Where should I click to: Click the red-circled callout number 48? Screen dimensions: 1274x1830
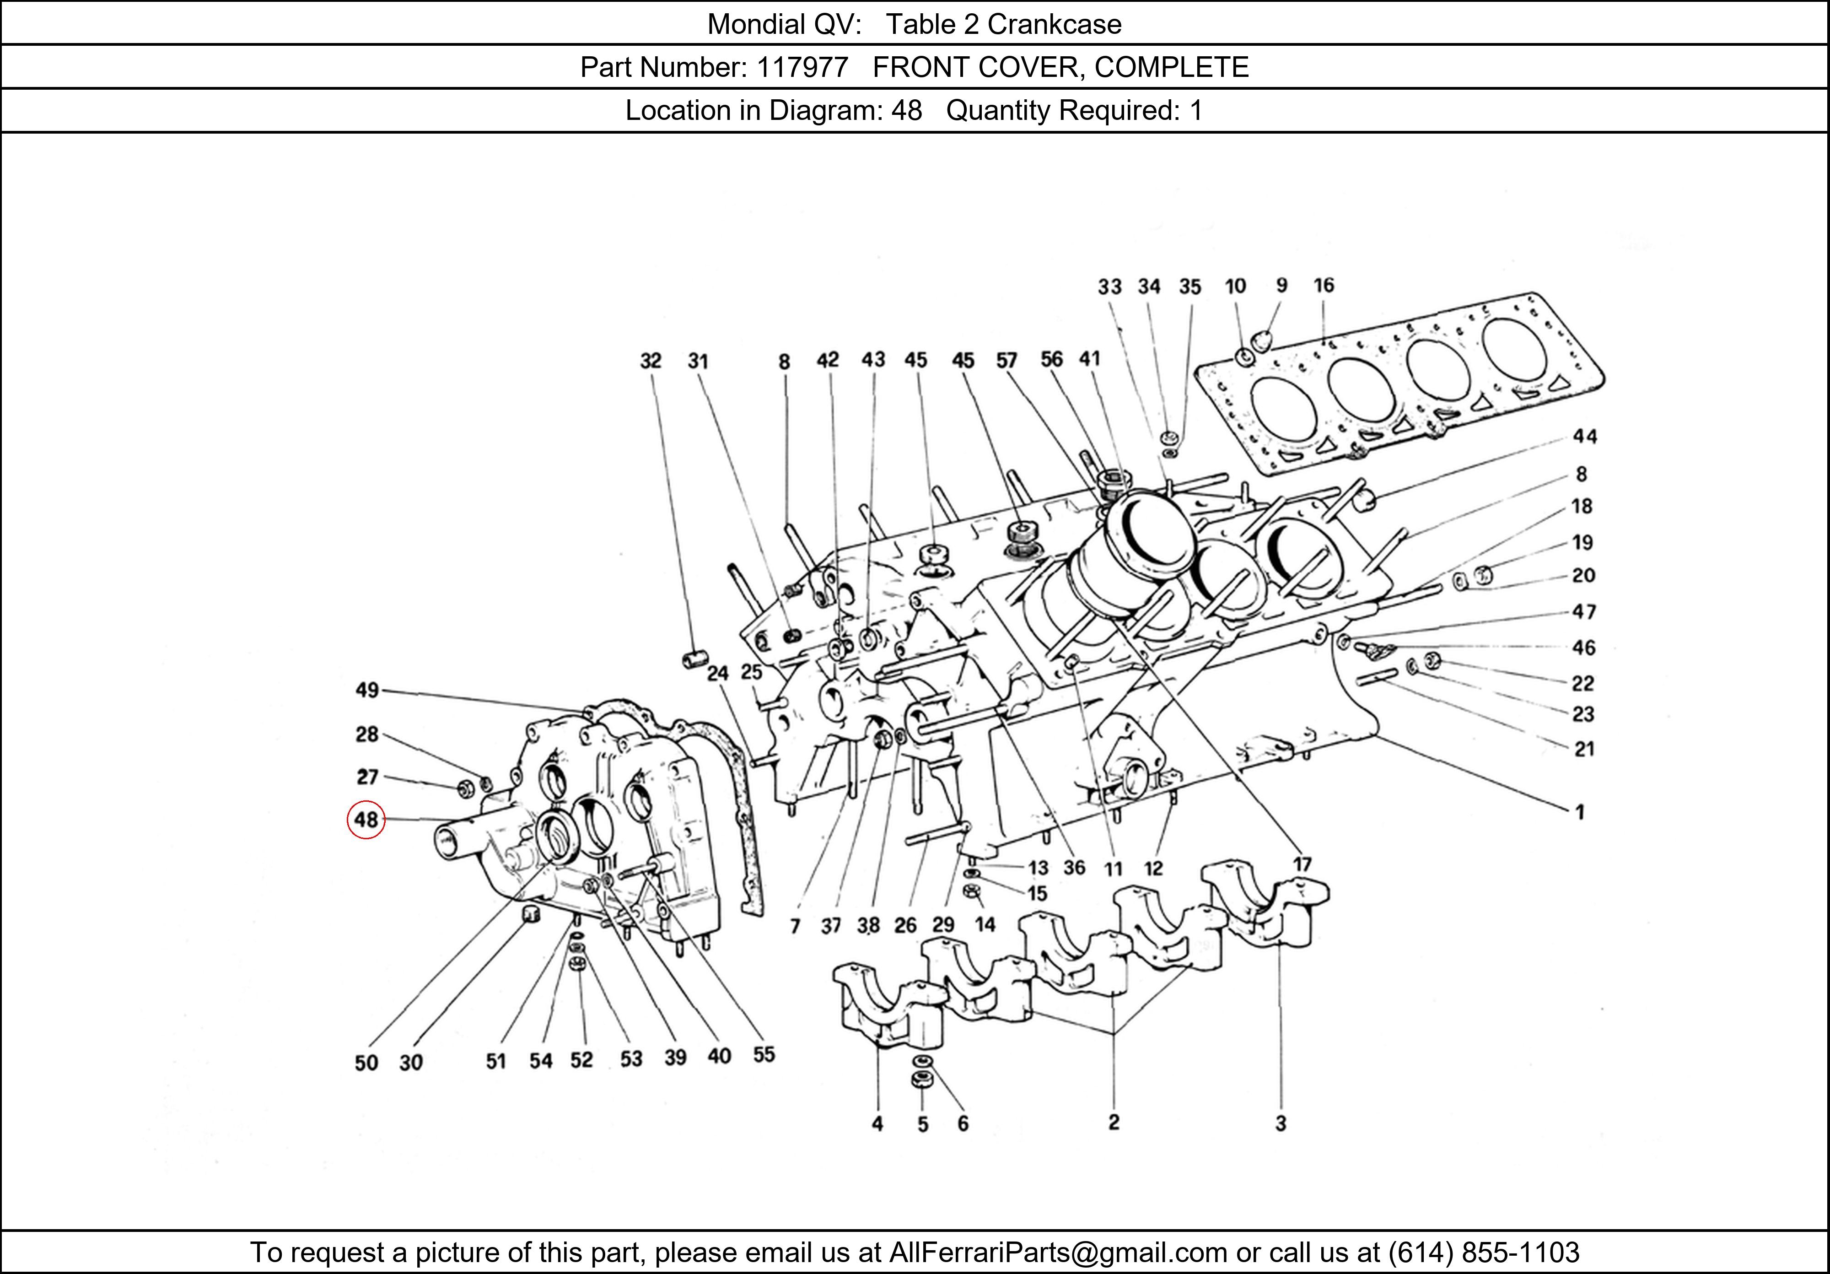[x=366, y=820]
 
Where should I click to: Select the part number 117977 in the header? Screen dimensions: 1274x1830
[x=802, y=67]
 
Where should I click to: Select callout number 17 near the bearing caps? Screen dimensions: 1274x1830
[x=1302, y=864]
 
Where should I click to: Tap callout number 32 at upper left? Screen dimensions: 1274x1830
[x=651, y=361]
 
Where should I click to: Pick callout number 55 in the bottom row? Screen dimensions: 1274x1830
[x=764, y=1055]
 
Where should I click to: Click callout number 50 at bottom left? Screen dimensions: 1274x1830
[x=366, y=1063]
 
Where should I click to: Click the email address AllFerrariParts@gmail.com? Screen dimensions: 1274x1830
[x=1058, y=1252]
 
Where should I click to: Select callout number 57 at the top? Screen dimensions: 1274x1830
[x=1006, y=360]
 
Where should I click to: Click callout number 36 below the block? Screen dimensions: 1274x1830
[x=1074, y=867]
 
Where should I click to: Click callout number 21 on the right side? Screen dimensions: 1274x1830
[x=1584, y=749]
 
